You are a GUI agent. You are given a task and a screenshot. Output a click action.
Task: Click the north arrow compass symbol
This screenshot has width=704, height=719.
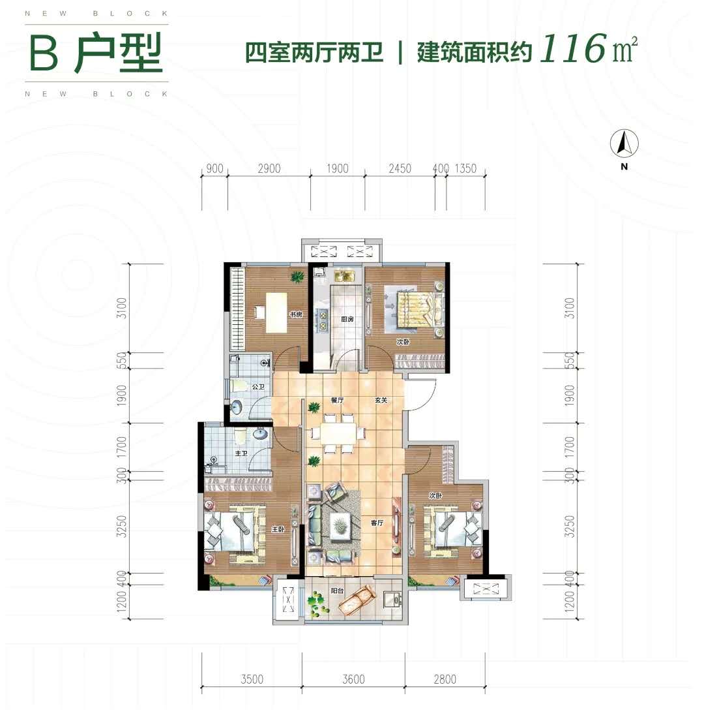(624, 143)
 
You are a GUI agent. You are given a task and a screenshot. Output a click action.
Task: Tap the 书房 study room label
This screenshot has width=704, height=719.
(295, 314)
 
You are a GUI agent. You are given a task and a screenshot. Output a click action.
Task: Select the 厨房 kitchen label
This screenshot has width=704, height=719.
(347, 318)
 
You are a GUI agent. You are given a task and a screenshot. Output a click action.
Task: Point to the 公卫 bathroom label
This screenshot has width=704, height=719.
(258, 387)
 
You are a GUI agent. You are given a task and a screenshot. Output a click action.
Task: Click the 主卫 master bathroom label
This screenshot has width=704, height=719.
(241, 453)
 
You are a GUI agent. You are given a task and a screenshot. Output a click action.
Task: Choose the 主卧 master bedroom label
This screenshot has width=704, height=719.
(278, 529)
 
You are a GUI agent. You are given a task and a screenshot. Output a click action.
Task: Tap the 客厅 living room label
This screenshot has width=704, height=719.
(377, 523)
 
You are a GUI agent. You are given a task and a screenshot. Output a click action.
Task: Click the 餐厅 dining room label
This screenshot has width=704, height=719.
(337, 401)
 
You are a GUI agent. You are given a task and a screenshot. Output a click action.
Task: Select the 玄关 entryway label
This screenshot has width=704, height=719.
(381, 401)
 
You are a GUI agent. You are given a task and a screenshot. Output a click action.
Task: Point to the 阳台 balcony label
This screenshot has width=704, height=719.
(337, 590)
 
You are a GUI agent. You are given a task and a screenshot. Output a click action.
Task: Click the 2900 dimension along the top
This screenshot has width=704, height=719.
(269, 169)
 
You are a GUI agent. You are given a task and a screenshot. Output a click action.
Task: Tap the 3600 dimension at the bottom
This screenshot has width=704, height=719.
(353, 679)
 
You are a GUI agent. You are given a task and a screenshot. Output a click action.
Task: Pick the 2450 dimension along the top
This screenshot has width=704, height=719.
(400, 169)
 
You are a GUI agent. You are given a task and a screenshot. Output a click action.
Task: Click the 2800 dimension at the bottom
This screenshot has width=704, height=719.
(445, 679)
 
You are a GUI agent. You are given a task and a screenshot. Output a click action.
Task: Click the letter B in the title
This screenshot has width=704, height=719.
(44, 54)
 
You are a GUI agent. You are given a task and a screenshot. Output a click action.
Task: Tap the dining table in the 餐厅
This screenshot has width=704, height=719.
(339, 433)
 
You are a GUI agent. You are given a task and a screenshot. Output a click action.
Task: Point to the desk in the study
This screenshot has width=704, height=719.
(276, 313)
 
